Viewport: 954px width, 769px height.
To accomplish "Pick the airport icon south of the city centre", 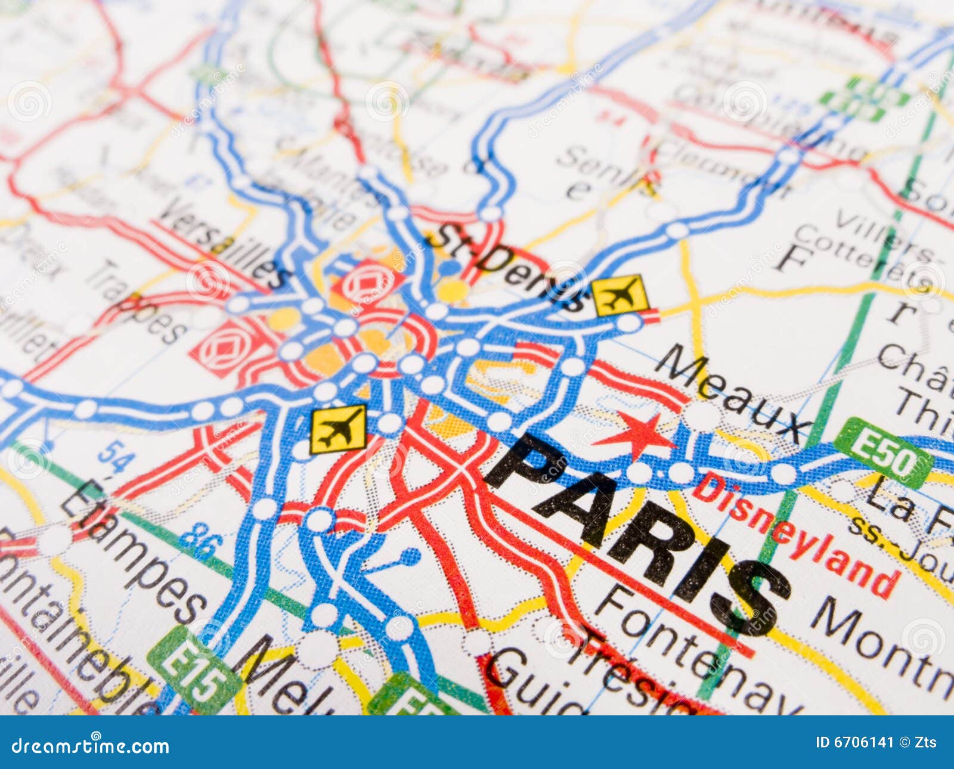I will click(337, 429).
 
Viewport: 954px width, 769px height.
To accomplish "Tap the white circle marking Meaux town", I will click(702, 415).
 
